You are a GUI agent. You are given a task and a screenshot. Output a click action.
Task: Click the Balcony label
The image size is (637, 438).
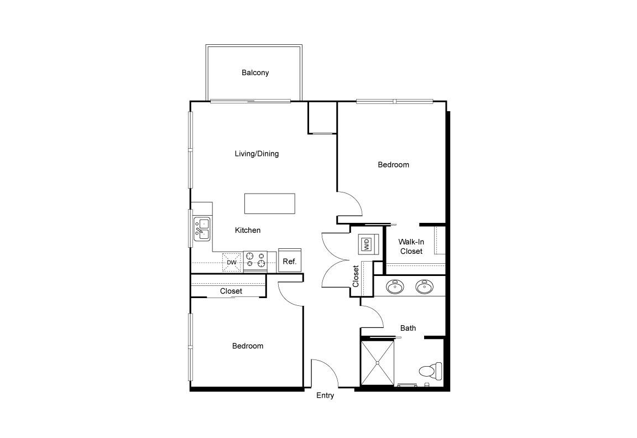click(x=255, y=72)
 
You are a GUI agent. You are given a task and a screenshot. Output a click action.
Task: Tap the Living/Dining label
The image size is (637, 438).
click(x=257, y=154)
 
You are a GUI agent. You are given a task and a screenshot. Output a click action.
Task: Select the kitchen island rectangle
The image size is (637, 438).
click(x=270, y=203)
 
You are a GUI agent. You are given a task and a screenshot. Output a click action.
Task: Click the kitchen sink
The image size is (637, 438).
click(x=202, y=230)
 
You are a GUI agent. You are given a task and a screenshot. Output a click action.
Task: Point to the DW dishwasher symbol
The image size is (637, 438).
click(x=232, y=262)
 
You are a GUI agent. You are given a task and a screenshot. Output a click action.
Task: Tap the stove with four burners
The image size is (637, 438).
click(x=255, y=262)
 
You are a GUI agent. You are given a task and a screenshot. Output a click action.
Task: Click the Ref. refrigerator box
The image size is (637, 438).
click(x=290, y=261)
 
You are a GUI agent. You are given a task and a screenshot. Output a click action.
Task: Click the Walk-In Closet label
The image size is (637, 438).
click(x=411, y=247)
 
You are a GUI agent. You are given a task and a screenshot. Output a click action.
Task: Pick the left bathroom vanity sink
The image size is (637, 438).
click(x=395, y=286)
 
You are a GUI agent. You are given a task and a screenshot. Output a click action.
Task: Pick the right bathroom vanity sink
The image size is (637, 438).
click(x=424, y=286)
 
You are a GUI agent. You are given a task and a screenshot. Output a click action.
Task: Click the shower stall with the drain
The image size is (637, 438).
click(x=378, y=363)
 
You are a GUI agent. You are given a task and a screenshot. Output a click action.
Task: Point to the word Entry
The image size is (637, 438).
click(x=325, y=395)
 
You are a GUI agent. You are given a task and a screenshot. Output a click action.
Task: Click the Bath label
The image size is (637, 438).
click(x=408, y=328)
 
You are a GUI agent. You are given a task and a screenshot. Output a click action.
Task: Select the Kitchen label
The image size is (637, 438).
click(x=248, y=230)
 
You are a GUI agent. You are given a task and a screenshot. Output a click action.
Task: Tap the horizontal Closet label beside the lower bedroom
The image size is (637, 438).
click(x=231, y=291)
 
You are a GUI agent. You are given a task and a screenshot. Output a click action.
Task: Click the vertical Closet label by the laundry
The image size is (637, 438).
click(x=356, y=277)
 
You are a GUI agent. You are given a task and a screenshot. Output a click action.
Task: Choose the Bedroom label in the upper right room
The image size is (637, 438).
click(x=393, y=165)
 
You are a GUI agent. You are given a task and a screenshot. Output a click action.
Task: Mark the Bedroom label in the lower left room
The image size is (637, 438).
click(x=247, y=346)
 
